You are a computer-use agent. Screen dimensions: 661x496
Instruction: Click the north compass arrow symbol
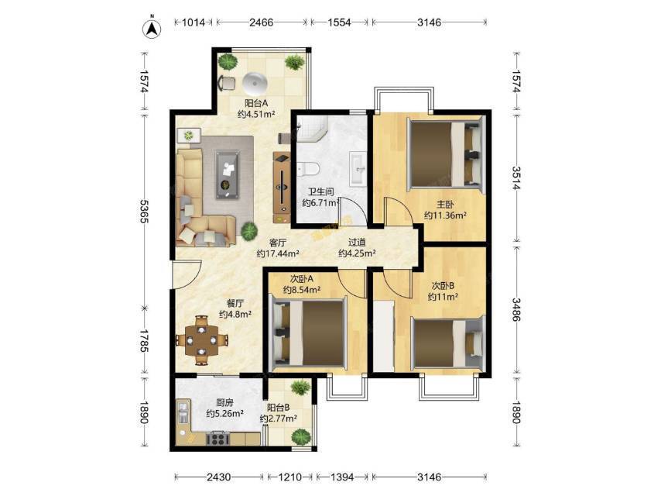point(152,28)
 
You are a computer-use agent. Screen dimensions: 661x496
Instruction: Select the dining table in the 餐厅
point(202,339)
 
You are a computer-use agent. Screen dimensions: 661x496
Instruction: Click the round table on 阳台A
point(255,84)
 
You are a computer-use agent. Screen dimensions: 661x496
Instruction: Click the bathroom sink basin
point(358,169)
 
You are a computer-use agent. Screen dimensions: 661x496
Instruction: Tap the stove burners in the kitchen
point(217,439)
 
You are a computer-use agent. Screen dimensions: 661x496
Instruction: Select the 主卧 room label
point(445,205)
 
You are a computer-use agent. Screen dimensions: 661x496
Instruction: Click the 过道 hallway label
point(357,243)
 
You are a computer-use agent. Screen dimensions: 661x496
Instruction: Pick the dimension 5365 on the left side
point(144,212)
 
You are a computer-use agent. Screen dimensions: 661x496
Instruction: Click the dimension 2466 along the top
point(261,22)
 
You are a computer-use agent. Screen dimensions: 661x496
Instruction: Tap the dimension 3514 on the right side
point(516,178)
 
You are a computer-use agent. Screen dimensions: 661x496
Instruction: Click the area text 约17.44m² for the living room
point(278,253)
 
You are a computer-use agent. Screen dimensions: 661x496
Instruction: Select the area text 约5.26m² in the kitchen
point(224,414)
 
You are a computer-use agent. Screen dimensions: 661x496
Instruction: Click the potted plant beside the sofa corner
point(249,231)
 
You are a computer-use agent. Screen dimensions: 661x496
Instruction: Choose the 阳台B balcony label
point(278,408)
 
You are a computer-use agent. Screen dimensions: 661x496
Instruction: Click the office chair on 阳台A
point(227,83)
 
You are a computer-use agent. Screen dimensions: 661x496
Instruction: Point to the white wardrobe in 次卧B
point(383,336)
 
